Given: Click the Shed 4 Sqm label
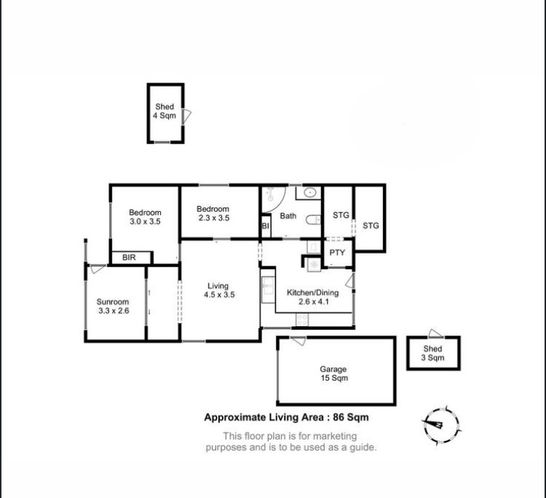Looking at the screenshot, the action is click(165, 111).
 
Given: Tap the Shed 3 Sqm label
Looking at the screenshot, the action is click(433, 353).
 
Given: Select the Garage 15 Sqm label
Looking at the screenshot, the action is click(333, 373).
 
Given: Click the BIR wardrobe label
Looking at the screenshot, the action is click(129, 258).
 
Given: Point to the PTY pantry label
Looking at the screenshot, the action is click(337, 253).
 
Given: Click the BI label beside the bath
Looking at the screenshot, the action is click(266, 226).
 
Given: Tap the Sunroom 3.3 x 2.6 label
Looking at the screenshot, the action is click(113, 306).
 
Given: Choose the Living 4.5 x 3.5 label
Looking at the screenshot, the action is click(219, 290).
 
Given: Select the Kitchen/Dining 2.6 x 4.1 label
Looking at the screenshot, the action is click(313, 297).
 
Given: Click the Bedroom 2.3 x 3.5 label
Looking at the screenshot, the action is click(213, 213).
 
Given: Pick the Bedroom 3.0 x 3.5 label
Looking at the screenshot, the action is click(145, 217).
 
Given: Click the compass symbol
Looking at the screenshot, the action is click(441, 425).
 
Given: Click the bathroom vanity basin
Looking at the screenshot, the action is click(309, 193).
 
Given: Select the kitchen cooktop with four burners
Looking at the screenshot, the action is click(302, 320).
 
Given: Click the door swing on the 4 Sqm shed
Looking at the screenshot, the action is click(186, 116).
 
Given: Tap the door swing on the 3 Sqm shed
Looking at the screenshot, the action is click(435, 333).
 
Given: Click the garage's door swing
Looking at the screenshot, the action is click(298, 341).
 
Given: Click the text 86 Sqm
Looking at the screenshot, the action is click(351, 417).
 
